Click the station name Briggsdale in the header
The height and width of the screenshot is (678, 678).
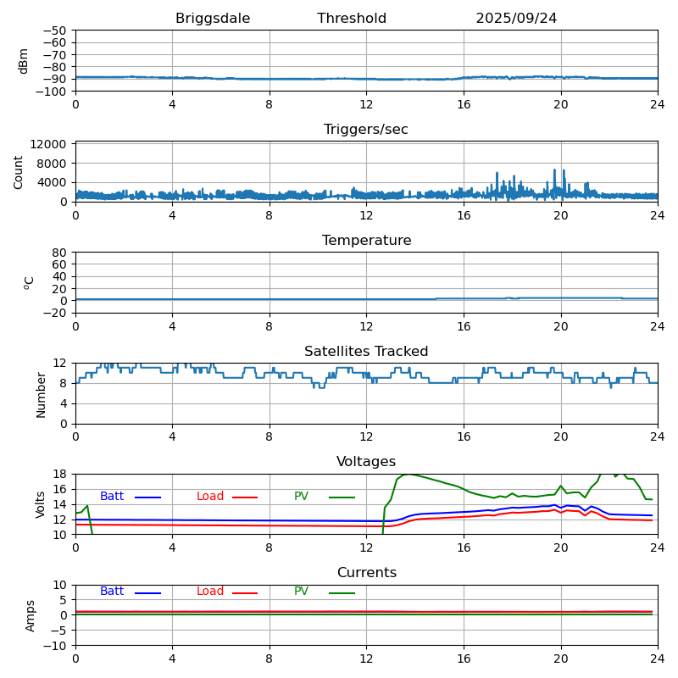(x=213, y=19)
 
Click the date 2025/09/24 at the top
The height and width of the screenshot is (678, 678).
(x=516, y=19)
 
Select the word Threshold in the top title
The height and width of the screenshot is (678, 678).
(x=352, y=19)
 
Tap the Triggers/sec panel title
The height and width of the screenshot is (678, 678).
(x=366, y=130)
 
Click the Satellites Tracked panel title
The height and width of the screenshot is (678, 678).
(x=366, y=352)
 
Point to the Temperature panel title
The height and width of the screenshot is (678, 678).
(x=366, y=241)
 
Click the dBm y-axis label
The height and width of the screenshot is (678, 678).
(x=24, y=60)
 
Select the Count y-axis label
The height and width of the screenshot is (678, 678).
(x=19, y=171)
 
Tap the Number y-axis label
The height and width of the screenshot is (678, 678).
(x=41, y=393)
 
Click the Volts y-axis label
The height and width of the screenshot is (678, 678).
(x=41, y=504)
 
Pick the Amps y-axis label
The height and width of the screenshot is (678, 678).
(x=31, y=615)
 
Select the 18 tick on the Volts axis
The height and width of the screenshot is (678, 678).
(x=61, y=474)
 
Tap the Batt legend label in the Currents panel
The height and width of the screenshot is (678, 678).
(x=112, y=592)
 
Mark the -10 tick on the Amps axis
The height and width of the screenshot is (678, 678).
(x=57, y=646)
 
